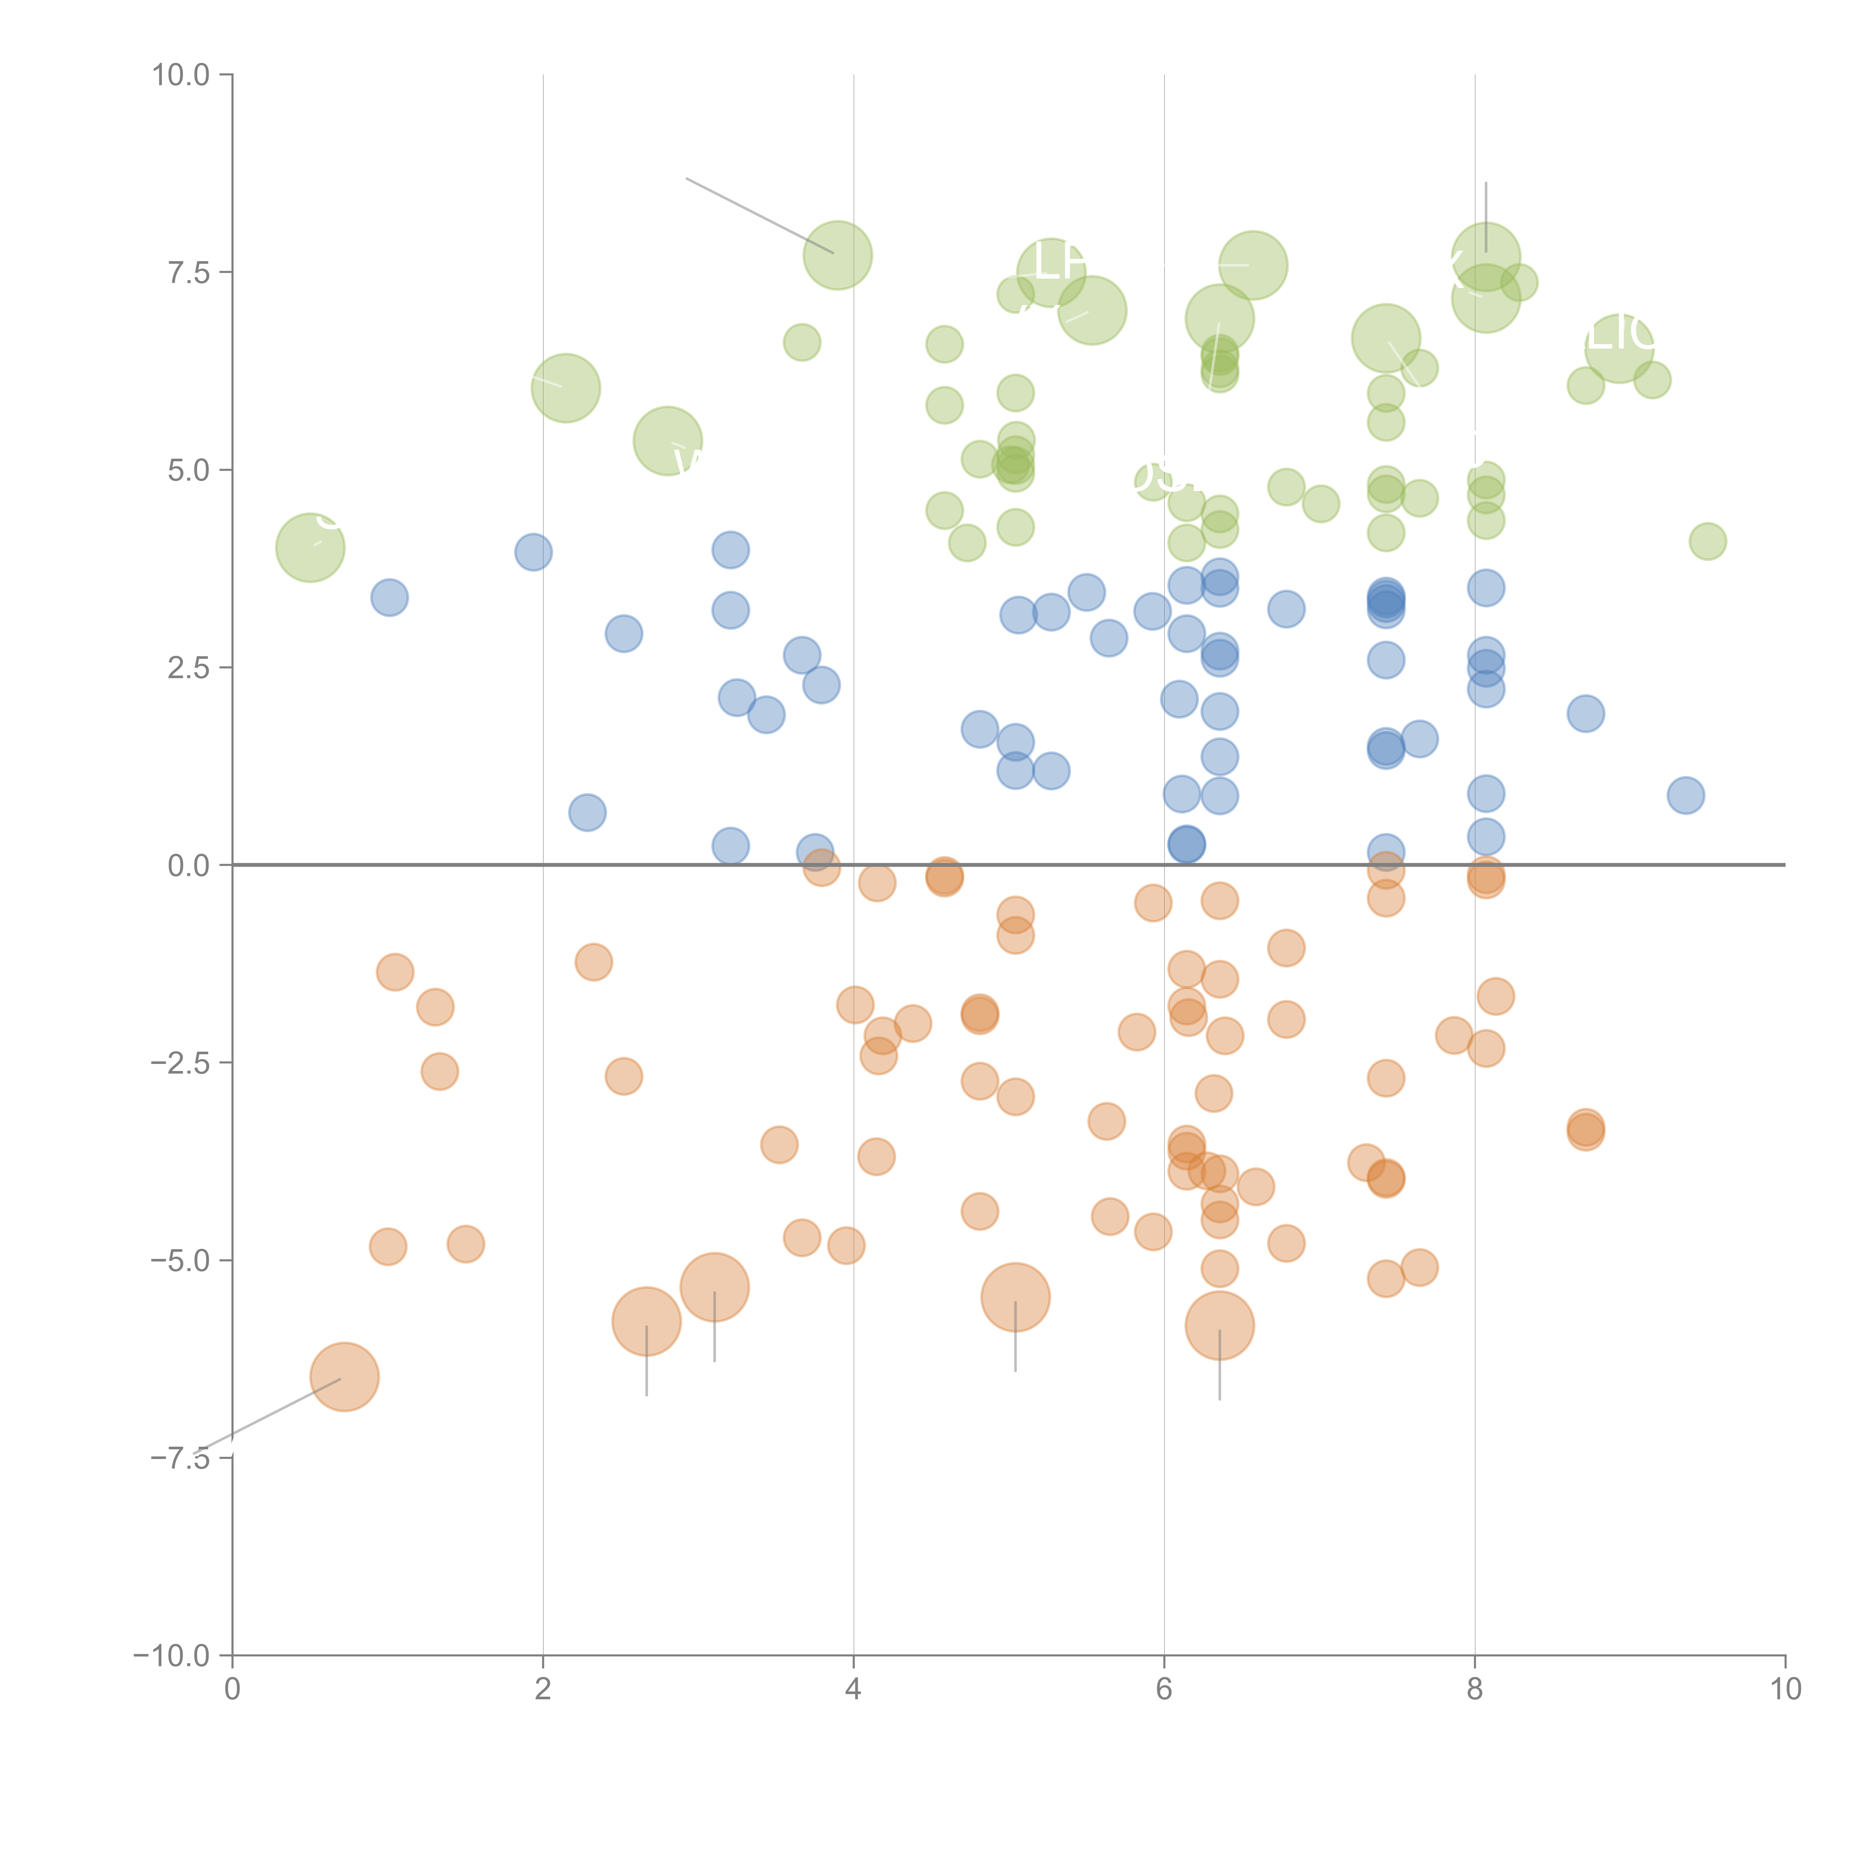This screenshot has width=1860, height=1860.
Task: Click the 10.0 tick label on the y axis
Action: pos(181,75)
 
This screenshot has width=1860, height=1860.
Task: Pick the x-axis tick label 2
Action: pos(543,1690)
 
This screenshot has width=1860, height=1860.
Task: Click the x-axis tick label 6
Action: pos(1164,1690)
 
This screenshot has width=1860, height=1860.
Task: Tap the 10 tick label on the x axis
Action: pos(1785,1690)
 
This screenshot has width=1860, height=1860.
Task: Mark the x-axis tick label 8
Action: pos(1475,1690)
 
